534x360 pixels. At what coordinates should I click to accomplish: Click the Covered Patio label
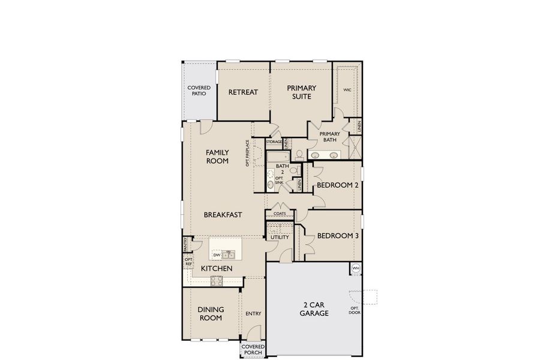199,91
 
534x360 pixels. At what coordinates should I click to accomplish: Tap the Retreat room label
243,92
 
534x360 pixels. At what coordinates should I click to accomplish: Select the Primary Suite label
301,92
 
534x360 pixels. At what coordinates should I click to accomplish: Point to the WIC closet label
347,90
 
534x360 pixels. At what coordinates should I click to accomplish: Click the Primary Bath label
329,137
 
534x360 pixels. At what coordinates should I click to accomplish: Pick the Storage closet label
274,142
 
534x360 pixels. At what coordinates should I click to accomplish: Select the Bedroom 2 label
337,185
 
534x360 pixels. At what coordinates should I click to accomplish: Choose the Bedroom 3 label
337,236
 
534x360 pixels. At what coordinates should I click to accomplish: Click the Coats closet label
280,214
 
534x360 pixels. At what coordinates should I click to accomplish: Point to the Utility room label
280,237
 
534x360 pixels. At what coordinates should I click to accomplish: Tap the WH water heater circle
355,268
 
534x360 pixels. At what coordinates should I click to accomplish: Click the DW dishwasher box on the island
217,255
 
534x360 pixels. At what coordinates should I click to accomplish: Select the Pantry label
186,244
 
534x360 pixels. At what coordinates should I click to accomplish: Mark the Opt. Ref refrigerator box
188,262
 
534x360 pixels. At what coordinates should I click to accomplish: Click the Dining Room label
211,313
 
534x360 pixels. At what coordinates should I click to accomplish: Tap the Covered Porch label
253,349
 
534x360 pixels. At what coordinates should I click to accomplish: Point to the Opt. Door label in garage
354,311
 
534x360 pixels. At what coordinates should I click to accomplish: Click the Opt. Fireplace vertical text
247,153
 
